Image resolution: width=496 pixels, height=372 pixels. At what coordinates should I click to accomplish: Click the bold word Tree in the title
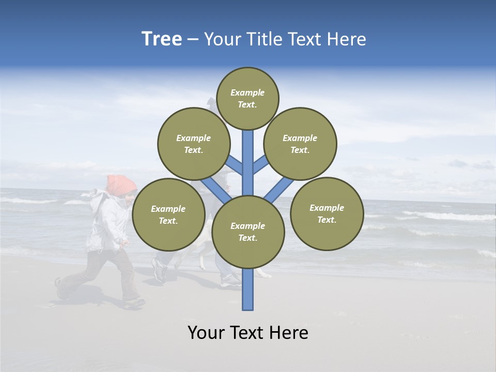point(162,39)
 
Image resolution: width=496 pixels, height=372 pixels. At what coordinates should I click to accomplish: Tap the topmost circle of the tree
point(247,98)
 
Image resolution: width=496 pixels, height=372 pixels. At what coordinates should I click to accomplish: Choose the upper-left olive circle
point(193,144)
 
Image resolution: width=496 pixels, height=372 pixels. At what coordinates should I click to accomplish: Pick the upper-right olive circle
point(300,144)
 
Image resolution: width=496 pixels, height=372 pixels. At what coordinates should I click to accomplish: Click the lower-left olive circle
point(168,214)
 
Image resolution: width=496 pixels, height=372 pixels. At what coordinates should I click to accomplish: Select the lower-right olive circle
point(327,213)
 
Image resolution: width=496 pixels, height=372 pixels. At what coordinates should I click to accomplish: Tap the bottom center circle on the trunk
point(248,231)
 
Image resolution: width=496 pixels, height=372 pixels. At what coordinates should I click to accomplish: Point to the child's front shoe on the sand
point(134,303)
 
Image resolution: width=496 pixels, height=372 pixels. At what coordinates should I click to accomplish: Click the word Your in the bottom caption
point(206,332)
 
